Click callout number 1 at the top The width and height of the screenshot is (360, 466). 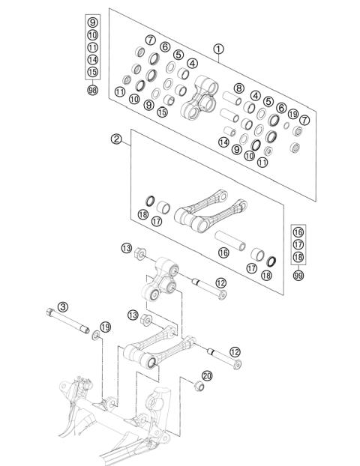(x=218, y=49)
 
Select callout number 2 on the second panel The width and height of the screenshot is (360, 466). (x=116, y=139)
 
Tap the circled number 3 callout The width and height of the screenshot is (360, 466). (x=63, y=306)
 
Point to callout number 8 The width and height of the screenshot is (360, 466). (x=238, y=88)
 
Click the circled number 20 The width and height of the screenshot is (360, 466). (x=207, y=376)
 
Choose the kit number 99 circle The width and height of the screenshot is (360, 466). (x=298, y=275)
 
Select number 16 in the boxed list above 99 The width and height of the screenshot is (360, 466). (x=298, y=232)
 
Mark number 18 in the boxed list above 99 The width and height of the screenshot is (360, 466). (x=298, y=257)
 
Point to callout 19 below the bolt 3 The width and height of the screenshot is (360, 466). (x=105, y=327)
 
